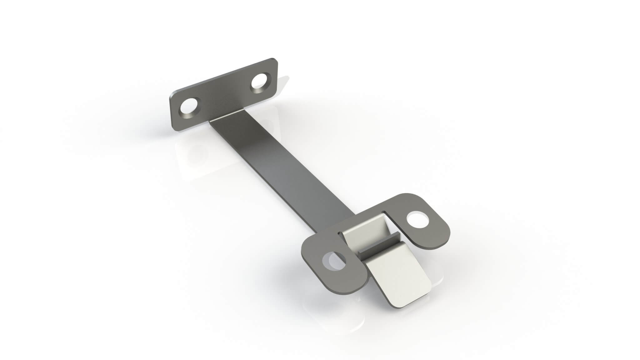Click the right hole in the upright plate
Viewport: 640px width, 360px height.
pyautogui.click(x=260, y=82)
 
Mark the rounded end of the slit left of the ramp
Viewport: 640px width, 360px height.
pyautogui.click(x=339, y=233)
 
